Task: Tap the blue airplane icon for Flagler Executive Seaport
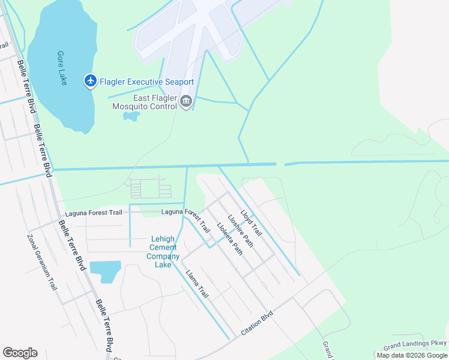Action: [91, 81]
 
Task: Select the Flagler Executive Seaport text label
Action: [146, 82]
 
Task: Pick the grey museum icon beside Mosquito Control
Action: [186, 103]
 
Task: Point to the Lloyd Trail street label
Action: [251, 222]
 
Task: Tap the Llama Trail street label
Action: [197, 284]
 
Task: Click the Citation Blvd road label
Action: [257, 323]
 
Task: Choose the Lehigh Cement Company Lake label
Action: [163, 251]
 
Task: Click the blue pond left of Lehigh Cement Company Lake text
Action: [106, 271]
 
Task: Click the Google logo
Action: [20, 353]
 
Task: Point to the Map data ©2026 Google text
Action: [412, 355]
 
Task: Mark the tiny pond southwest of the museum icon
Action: [131, 115]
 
